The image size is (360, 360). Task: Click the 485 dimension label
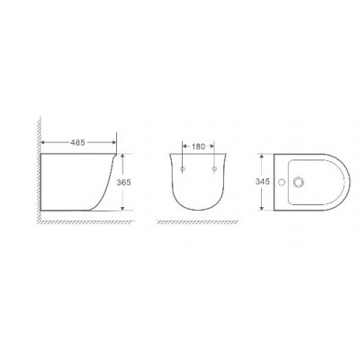click(x=77, y=142)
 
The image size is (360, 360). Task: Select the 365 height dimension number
click(x=123, y=182)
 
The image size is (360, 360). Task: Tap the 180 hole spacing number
click(x=198, y=147)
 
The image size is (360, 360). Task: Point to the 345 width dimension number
click(x=263, y=182)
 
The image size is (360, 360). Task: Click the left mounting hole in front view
click(x=183, y=169)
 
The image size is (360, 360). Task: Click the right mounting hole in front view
click(x=214, y=169)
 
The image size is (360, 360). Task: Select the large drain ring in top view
click(x=299, y=182)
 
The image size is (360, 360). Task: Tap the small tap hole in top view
click(x=282, y=182)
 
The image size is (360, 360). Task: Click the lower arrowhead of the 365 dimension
click(x=122, y=208)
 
